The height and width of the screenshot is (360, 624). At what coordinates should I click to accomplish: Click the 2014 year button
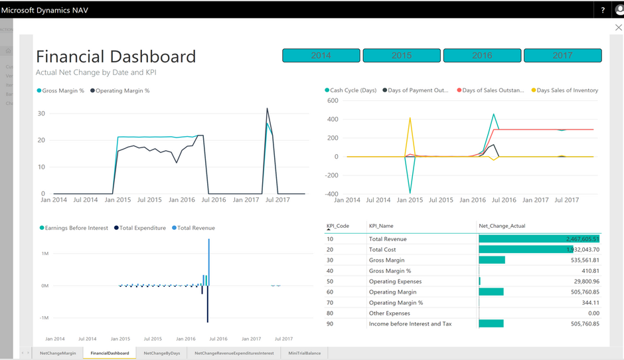(x=321, y=56)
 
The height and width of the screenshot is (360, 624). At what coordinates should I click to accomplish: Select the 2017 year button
(x=562, y=56)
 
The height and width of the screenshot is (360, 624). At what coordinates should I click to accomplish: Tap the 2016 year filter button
(x=482, y=56)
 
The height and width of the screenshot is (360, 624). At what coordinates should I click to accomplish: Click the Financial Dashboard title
(x=116, y=56)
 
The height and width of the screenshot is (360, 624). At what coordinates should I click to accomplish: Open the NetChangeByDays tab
(x=162, y=353)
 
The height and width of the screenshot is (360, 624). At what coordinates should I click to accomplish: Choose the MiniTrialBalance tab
(x=305, y=353)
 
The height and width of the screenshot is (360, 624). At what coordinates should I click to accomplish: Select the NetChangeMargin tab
(x=58, y=353)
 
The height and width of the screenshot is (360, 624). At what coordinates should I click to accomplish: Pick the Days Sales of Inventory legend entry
(x=567, y=90)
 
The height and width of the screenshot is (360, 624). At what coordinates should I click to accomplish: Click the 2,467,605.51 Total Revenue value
(x=582, y=239)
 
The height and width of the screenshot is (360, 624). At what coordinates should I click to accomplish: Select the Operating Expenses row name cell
(x=396, y=282)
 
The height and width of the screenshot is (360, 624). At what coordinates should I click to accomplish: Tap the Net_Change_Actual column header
(x=502, y=226)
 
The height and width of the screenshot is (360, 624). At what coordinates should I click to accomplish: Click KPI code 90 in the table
(x=330, y=324)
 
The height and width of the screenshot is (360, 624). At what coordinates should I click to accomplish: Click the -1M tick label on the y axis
(x=44, y=318)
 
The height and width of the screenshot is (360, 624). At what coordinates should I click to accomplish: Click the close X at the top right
(x=618, y=28)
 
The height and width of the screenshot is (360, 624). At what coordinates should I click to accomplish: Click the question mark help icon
(x=603, y=10)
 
